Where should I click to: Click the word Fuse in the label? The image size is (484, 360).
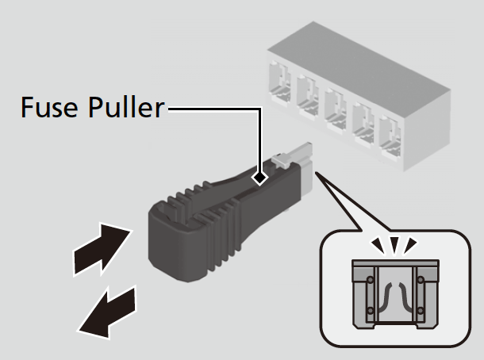49,107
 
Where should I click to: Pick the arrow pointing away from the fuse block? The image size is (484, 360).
107,312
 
